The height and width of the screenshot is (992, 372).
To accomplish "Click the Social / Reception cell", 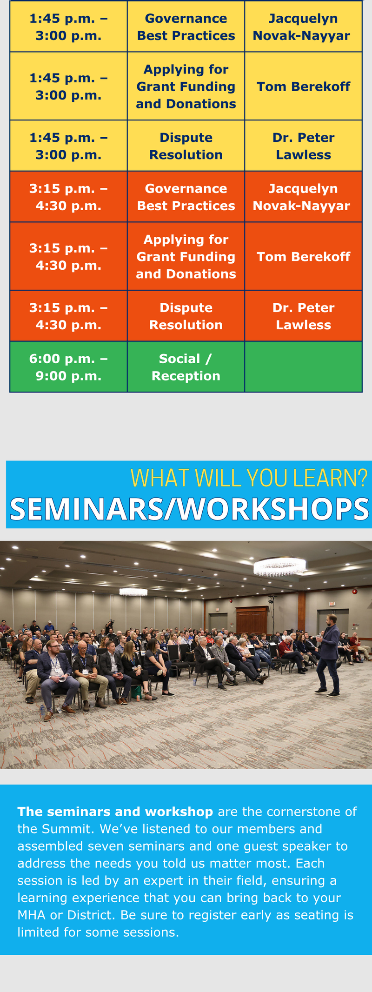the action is coord(186,367).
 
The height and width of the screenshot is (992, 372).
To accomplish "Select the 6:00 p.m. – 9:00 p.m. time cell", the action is coord(68,367).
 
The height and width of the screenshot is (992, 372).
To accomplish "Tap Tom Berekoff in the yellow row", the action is coord(303,87).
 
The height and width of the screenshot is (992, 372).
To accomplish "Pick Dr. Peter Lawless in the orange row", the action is coord(303,316).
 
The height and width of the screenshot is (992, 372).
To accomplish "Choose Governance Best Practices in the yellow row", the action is coord(186,27).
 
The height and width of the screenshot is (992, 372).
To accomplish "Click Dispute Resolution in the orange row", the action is coord(186,316).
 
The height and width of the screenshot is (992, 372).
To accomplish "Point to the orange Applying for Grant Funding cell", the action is coord(186,256).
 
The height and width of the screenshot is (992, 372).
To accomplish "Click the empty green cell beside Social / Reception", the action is coord(303,367).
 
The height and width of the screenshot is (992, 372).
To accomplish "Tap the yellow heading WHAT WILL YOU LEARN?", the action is coord(249,478).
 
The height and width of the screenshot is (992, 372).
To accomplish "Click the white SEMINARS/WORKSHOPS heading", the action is coord(189,509).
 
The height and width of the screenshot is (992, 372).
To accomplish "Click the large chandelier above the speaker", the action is coord(279,567).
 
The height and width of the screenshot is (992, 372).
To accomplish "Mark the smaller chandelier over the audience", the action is coord(133,592).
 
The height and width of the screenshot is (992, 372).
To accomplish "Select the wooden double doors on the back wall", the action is coord(252,620).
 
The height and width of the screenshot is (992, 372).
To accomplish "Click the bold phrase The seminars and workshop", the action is coord(115,812).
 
